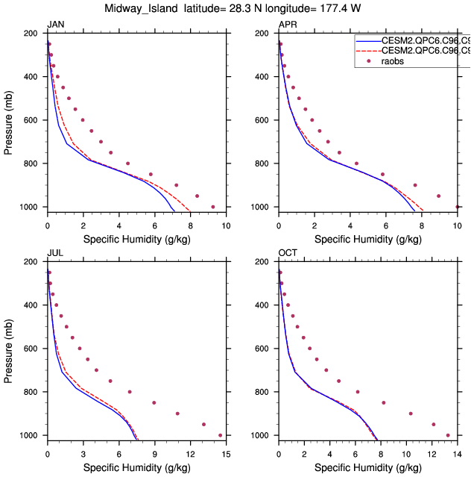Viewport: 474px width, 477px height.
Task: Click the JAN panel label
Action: [55, 25]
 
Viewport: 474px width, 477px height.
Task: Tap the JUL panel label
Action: [55, 253]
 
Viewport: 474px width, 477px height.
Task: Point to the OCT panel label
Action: [288, 253]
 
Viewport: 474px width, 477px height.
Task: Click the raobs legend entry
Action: [395, 61]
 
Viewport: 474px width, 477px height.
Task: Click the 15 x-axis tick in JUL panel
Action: [226, 453]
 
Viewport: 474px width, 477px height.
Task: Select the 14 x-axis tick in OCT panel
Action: [457, 453]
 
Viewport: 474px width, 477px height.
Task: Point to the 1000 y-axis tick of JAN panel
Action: [32, 207]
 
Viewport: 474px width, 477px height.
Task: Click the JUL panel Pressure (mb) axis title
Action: [9, 349]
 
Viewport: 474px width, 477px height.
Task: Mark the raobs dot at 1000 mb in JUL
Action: [221, 435]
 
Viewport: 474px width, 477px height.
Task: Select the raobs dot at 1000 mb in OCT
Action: [448, 435]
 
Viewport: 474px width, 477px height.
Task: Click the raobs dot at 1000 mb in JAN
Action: [213, 207]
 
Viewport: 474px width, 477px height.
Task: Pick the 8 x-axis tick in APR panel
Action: [422, 225]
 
